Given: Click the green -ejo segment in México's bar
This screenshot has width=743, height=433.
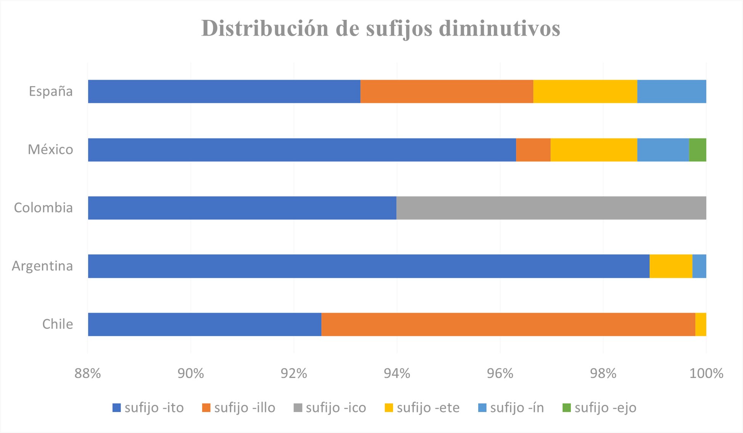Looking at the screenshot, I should [x=698, y=150].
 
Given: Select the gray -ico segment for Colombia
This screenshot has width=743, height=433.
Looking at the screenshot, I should [x=551, y=208].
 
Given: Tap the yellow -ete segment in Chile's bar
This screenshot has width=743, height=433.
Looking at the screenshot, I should [x=701, y=324].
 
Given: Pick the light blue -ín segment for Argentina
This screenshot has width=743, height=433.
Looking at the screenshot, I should [x=699, y=266].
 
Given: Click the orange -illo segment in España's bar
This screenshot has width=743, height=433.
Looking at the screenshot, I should [x=446, y=91].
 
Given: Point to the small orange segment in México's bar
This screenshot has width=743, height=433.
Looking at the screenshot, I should [x=533, y=150].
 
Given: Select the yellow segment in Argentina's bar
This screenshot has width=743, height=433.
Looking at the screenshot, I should [x=671, y=266].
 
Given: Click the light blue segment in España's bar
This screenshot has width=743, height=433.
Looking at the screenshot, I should [x=672, y=91].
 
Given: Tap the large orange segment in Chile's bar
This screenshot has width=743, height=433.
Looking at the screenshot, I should [x=508, y=324].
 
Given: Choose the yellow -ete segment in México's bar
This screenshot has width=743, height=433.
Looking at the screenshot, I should [x=594, y=150].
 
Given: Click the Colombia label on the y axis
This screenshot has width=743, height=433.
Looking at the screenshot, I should [x=43, y=208].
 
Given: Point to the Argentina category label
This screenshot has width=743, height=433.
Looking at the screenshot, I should [x=42, y=266].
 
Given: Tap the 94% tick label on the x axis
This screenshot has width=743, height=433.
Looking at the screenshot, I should [x=397, y=374].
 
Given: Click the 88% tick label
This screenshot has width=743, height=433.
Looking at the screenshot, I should [x=87, y=374].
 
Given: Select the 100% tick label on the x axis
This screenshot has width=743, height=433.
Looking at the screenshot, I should [x=706, y=374].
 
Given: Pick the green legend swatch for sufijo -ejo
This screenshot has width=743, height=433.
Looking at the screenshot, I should [x=567, y=408].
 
